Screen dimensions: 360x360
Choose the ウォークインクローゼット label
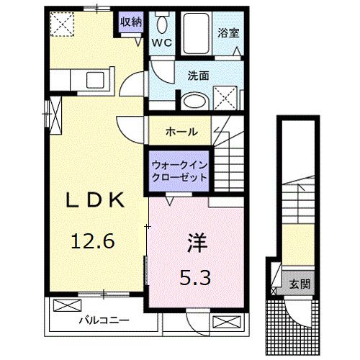click(x=179, y=171)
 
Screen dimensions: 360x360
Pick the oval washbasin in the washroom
click(x=192, y=102)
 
